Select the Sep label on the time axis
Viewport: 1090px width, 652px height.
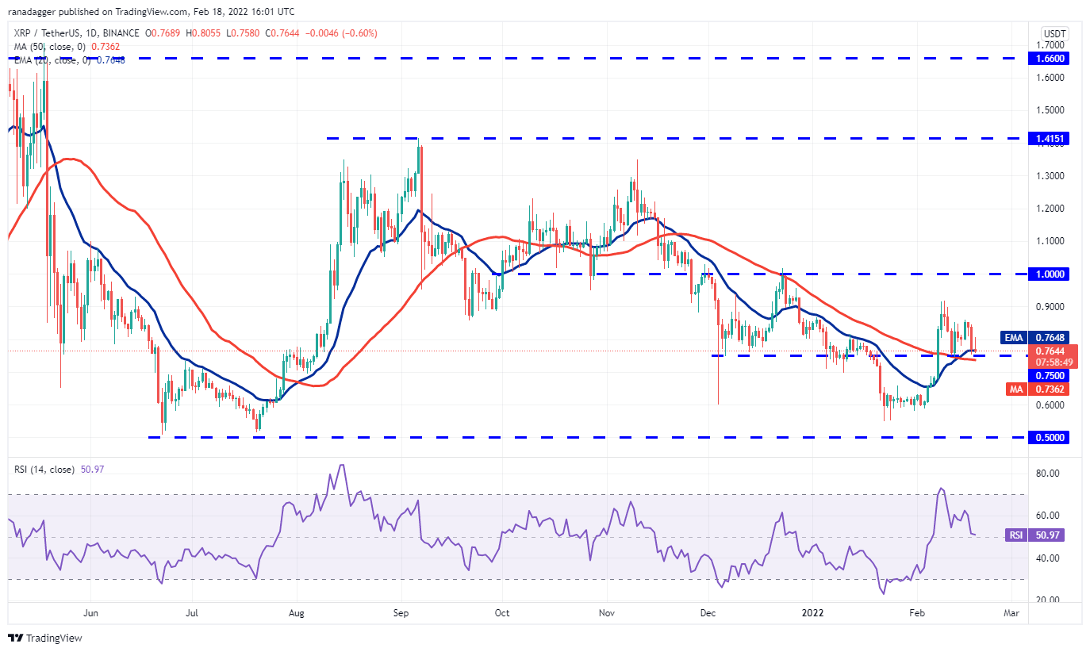400,612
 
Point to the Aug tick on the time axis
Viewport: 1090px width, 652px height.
297,612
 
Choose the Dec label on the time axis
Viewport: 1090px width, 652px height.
708,612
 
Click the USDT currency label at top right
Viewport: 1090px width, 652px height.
1054,34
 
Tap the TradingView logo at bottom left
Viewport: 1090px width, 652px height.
45,638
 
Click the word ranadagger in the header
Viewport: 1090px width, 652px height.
38,12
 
